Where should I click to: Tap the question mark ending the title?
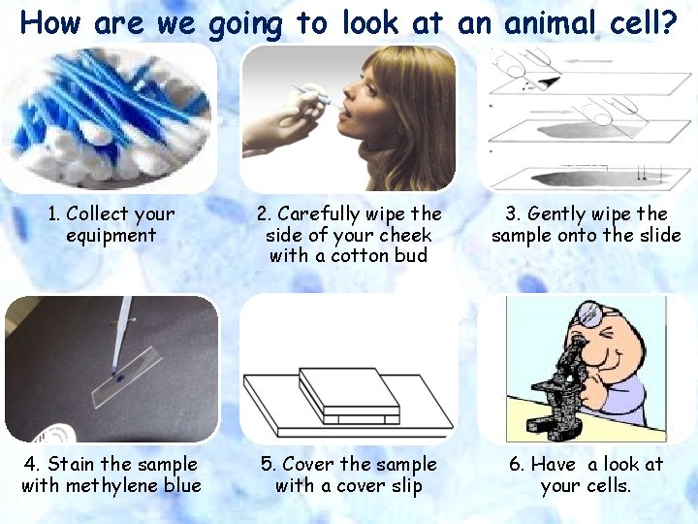tap(668, 22)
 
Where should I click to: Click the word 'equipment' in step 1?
tap(111, 235)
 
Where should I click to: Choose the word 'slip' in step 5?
tap(404, 485)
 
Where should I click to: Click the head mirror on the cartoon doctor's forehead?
tap(587, 312)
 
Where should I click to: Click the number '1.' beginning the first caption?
tap(55, 213)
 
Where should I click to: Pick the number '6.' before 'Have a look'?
tap(518, 464)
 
